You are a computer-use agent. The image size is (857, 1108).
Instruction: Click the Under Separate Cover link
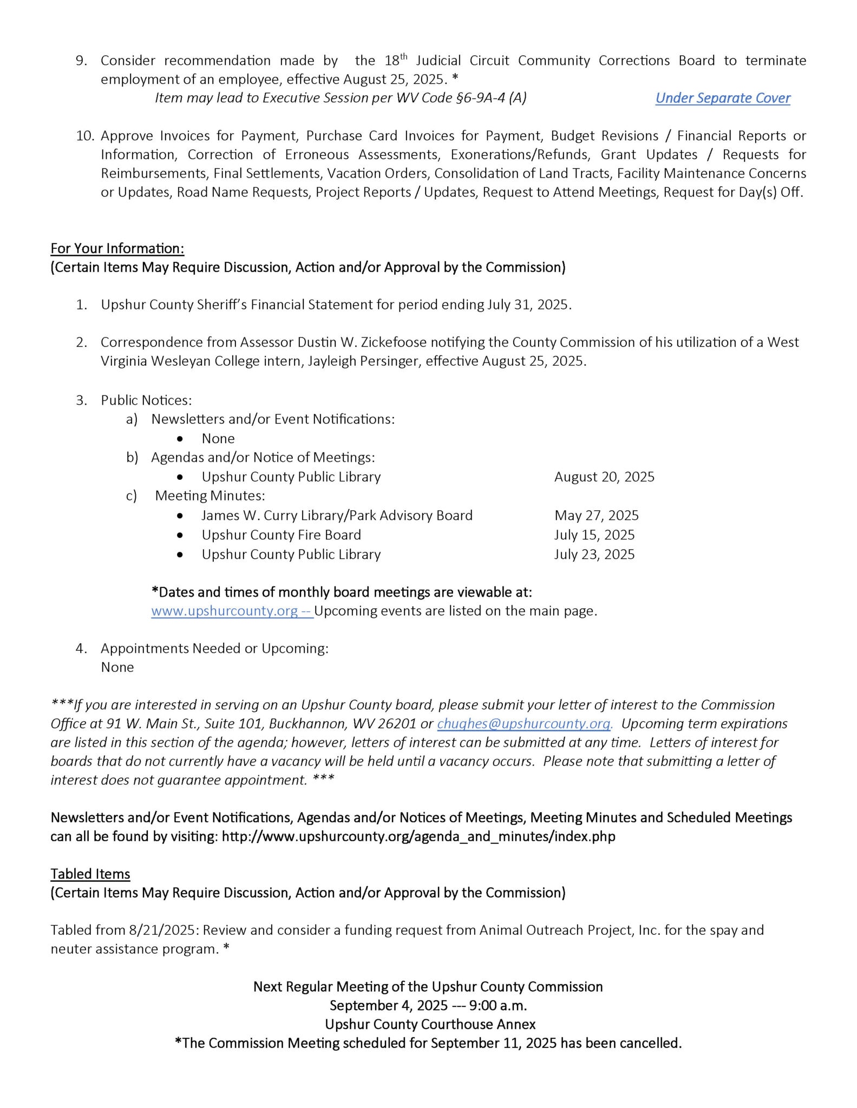point(722,98)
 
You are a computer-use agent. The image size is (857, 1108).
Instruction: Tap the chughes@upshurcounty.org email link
point(524,723)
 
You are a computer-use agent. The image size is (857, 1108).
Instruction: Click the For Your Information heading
point(117,248)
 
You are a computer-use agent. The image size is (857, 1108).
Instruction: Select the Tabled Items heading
point(90,874)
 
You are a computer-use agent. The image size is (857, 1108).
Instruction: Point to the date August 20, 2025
point(604,477)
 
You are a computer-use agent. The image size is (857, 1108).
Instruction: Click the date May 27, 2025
point(596,515)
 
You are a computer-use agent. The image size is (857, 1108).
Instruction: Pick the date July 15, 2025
point(594,535)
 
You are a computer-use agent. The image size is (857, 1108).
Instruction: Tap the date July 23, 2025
point(594,554)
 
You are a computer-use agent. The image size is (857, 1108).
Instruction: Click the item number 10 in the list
point(84,136)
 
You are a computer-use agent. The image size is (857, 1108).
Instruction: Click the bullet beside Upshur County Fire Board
point(180,535)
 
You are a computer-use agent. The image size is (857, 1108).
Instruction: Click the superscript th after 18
point(403,56)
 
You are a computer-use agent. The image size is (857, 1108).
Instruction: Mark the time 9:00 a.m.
point(498,1005)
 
